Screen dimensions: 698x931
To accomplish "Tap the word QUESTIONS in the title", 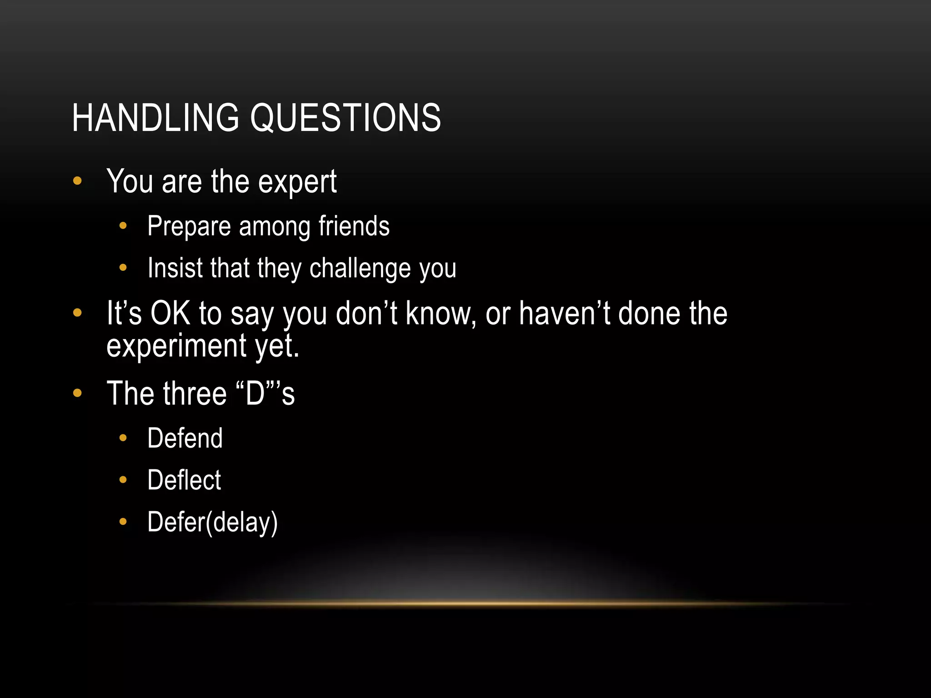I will click(345, 118).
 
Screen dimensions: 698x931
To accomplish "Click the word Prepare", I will click(189, 227).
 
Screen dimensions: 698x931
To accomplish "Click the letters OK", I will click(170, 313).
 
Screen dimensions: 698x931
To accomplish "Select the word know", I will click(439, 313).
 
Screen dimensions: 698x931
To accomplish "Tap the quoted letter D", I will click(255, 394).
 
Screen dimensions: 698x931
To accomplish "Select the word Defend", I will click(185, 438).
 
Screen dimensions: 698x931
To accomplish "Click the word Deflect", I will click(184, 480).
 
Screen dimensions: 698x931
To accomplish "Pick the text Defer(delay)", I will click(212, 522).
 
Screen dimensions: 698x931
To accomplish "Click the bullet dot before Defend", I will click(123, 438).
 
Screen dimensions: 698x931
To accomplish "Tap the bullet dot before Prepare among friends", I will click(123, 226).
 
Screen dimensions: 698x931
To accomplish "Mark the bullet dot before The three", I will click(77, 393).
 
